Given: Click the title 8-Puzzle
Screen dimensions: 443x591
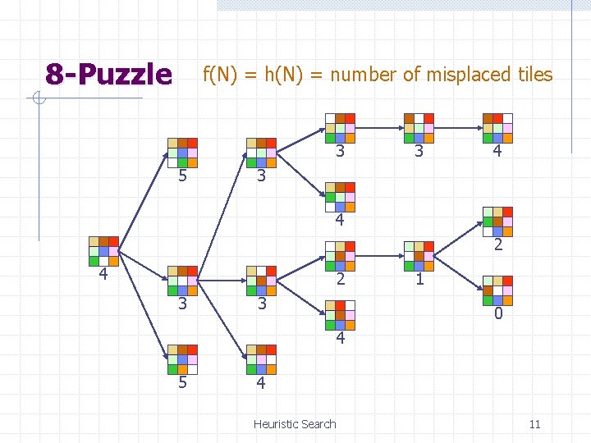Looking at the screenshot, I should [x=108, y=75].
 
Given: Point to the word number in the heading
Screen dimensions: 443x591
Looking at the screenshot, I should [x=359, y=75].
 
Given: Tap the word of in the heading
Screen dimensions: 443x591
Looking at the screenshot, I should [x=411, y=75].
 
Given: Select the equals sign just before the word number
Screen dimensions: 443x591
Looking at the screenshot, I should [x=316, y=75].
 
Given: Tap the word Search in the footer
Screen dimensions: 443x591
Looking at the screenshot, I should [x=319, y=424].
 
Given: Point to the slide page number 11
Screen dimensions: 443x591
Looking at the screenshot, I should [x=534, y=424].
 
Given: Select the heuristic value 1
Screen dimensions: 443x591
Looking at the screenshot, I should [x=419, y=279].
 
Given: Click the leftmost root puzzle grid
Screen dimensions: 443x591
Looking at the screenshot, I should [x=104, y=251].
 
